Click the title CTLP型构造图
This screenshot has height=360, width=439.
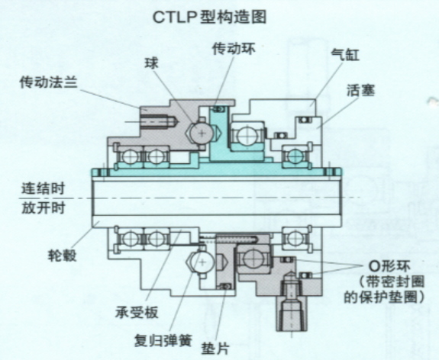click(209, 18)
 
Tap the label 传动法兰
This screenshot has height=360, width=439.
click(48, 82)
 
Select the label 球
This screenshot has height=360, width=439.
click(151, 63)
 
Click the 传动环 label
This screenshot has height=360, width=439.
click(234, 49)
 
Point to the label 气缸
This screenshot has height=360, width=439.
click(345, 55)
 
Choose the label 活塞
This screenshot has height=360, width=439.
click(360, 90)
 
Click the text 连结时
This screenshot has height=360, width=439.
click(44, 188)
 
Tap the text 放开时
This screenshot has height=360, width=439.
click(44, 207)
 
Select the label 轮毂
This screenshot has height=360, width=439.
click(62, 255)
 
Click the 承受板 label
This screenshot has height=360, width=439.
click(137, 312)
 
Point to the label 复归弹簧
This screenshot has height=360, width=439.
click(163, 340)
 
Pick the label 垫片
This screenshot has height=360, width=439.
click(215, 349)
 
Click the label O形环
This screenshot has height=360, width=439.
click(389, 266)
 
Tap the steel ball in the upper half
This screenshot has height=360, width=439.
click(202, 133)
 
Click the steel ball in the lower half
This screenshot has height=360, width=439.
click(202, 262)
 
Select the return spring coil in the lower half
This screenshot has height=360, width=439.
click(236, 239)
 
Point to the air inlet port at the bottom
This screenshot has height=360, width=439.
click(292, 314)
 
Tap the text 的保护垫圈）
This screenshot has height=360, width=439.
click(384, 297)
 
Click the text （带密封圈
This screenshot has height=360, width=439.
click(392, 281)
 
